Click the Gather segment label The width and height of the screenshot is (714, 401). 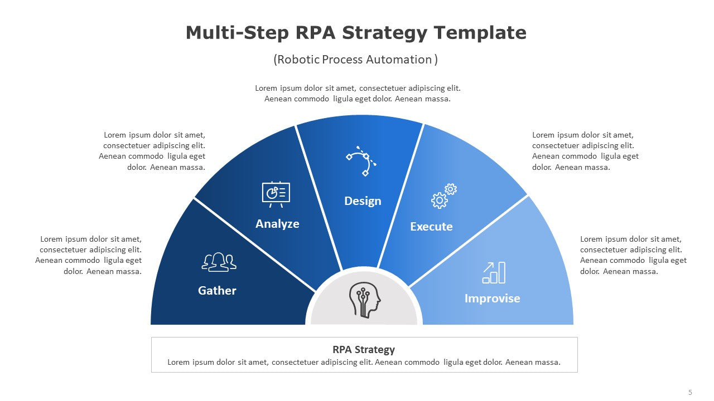[x=217, y=291]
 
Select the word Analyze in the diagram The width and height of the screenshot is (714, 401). [x=277, y=224]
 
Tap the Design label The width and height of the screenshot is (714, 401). [x=363, y=201]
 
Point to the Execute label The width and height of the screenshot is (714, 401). [x=431, y=227]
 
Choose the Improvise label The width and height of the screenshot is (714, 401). [x=492, y=299]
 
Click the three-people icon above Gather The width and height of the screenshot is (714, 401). [x=219, y=262]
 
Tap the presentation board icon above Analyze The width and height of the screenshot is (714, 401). [x=276, y=194]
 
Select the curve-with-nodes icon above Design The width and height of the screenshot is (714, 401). [x=361, y=161]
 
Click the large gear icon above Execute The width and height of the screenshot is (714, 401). [x=439, y=200]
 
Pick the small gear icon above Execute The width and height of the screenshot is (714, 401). [x=451, y=189]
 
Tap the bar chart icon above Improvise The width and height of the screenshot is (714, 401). [x=494, y=272]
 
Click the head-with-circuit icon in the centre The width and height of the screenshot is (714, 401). [x=365, y=300]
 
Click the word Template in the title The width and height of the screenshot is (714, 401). [x=480, y=33]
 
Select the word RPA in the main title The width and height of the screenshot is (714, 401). [x=316, y=32]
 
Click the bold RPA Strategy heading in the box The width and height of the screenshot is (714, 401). [x=364, y=350]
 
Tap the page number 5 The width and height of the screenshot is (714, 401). [x=690, y=393]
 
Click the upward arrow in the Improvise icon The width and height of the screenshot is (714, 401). [x=488, y=267]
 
